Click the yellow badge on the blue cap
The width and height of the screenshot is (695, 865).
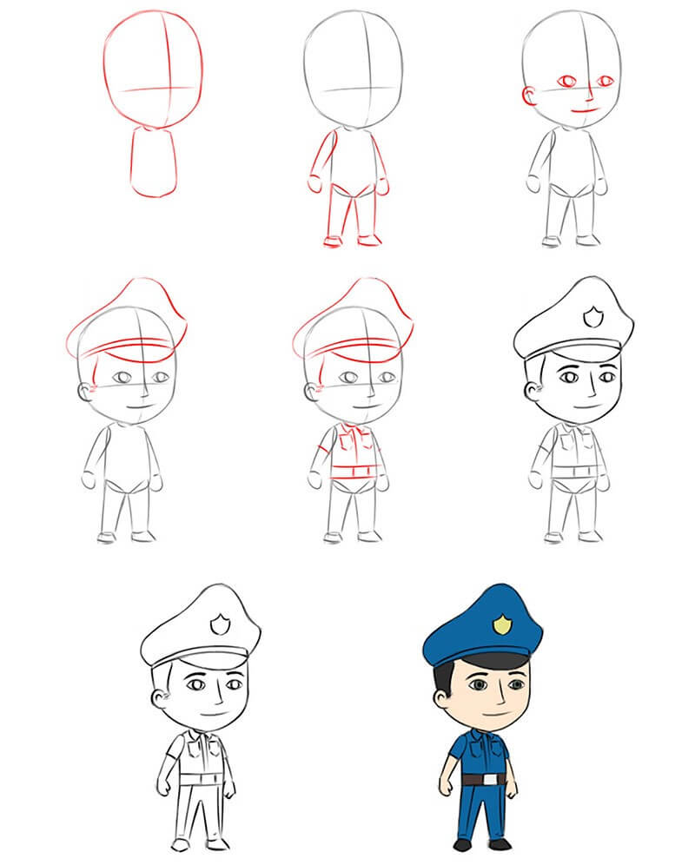501,624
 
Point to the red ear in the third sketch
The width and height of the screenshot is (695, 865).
527,96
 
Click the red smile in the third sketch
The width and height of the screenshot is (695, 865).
585,111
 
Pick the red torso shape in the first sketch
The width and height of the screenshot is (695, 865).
154,162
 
